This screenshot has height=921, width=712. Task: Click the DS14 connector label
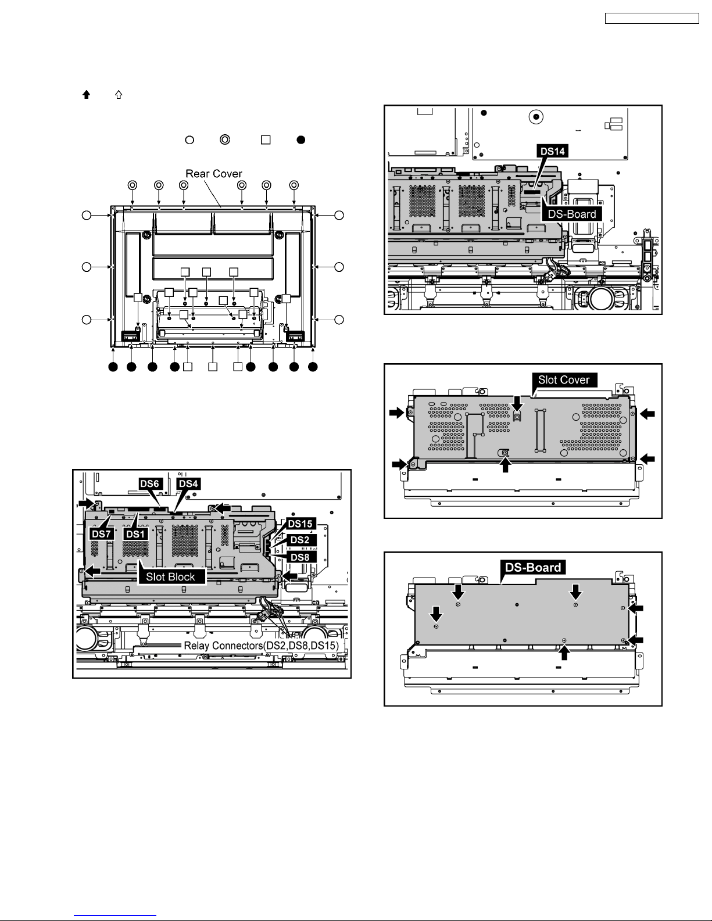553,151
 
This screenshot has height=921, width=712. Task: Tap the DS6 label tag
149,484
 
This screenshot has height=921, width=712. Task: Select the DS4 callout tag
188,484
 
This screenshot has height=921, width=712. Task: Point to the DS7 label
101,533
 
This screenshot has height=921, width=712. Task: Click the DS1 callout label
136,533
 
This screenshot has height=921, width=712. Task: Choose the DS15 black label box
300,524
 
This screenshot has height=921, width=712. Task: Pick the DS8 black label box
300,557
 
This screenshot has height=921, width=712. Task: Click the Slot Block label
171,577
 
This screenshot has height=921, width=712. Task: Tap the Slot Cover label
564,380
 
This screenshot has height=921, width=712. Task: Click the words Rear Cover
214,174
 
